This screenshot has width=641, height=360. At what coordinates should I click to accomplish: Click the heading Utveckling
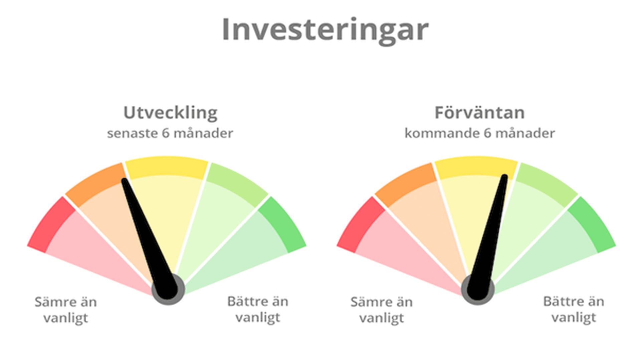(171, 113)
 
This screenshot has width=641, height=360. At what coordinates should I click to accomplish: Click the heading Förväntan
(480, 112)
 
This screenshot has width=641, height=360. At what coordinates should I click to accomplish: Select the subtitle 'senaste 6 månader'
(170, 133)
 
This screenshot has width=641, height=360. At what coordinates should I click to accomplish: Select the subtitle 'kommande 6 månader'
(480, 133)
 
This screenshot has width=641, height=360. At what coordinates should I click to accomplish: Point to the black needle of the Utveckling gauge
(149, 238)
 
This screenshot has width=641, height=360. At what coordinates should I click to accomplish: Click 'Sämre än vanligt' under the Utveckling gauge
(66, 310)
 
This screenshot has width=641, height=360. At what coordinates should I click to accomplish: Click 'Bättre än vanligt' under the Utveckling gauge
(258, 310)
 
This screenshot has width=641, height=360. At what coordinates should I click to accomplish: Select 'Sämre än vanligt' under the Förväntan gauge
(382, 310)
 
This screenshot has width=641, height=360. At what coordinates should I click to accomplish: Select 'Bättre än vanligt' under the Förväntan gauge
(574, 310)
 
